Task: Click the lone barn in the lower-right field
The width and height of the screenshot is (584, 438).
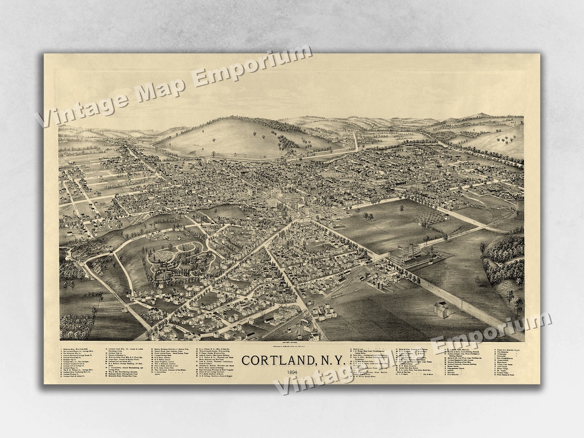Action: coord(442,309)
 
